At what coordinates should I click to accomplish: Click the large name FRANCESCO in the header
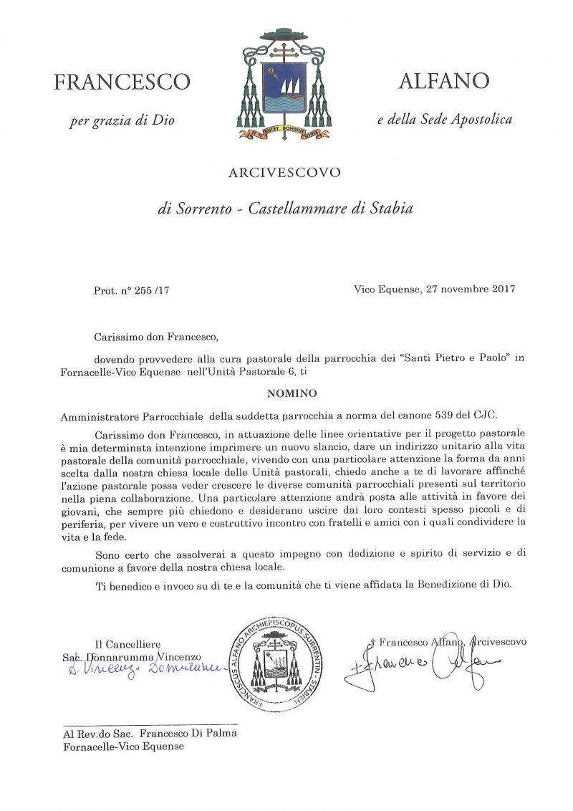[122, 82]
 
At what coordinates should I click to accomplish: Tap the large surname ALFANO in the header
[444, 80]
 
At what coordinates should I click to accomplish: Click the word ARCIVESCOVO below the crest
[284, 173]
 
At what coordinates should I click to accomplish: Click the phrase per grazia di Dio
[122, 120]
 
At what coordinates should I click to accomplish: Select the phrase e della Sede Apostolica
[445, 120]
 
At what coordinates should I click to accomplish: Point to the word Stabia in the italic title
[391, 210]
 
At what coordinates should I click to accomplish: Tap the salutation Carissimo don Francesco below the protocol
[155, 335]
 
